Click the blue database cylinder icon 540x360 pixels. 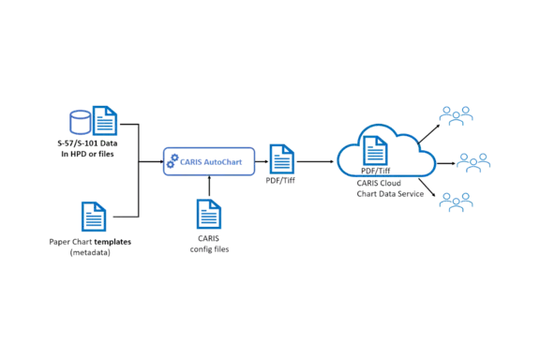(x=80, y=121)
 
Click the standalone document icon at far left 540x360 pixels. (x=92, y=217)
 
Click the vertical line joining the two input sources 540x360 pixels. (x=140, y=169)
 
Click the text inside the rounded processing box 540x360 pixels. (x=213, y=160)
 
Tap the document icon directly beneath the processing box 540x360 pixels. (x=209, y=215)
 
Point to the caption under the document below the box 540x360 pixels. (x=209, y=247)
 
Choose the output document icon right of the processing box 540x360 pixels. (x=280, y=157)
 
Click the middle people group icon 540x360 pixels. (x=474, y=161)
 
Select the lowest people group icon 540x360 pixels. (x=457, y=200)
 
